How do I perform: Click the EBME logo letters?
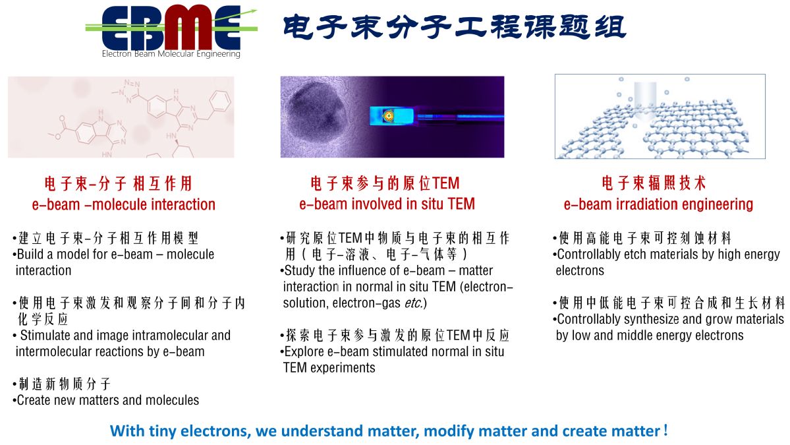[171, 28]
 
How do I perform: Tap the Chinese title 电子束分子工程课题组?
[455, 27]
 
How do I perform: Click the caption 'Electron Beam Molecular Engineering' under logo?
[171, 54]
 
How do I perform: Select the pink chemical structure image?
[121, 117]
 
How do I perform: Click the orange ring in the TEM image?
[389, 117]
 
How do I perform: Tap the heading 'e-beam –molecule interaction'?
[124, 204]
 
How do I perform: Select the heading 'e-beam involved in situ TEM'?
[387, 204]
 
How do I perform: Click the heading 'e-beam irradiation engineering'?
[658, 204]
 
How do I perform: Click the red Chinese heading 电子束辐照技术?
[654, 183]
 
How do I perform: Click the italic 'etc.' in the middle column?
[414, 303]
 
